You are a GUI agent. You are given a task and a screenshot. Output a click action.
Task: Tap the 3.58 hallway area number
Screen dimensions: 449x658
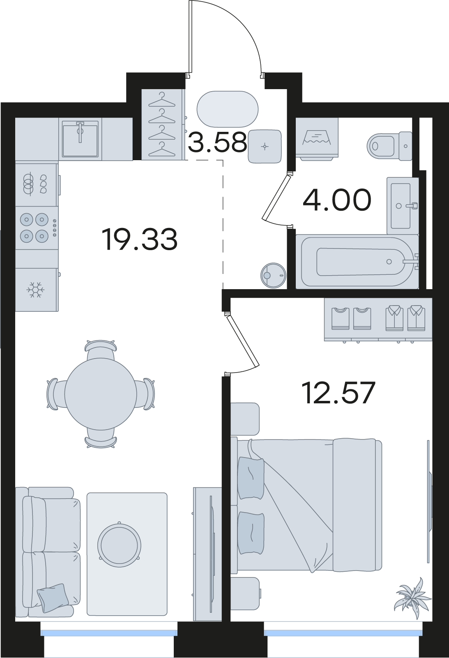217,142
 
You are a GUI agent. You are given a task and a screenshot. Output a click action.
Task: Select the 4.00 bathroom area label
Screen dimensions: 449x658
337,200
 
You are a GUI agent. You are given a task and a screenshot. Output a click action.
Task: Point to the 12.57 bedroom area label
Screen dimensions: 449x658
340,393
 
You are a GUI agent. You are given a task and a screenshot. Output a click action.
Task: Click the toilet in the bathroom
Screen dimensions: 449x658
389,146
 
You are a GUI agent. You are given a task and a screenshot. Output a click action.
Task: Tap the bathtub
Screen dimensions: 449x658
357,262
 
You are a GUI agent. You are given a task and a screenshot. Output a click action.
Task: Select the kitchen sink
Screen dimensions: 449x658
80,139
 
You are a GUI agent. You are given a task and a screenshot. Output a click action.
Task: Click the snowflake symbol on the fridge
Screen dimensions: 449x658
35,290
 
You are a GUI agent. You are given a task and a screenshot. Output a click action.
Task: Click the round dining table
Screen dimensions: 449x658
101,394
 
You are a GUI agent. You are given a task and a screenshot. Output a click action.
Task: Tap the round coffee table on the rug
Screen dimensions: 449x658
119,544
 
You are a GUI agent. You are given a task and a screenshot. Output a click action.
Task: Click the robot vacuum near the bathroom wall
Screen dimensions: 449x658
273,275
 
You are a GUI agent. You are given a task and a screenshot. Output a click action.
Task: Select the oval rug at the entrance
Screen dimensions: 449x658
228,109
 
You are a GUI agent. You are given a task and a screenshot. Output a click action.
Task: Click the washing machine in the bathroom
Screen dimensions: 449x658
317,139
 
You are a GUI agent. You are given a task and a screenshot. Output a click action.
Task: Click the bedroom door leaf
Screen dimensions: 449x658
242,341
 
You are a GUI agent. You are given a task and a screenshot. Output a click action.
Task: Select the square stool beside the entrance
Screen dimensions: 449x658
265,146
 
